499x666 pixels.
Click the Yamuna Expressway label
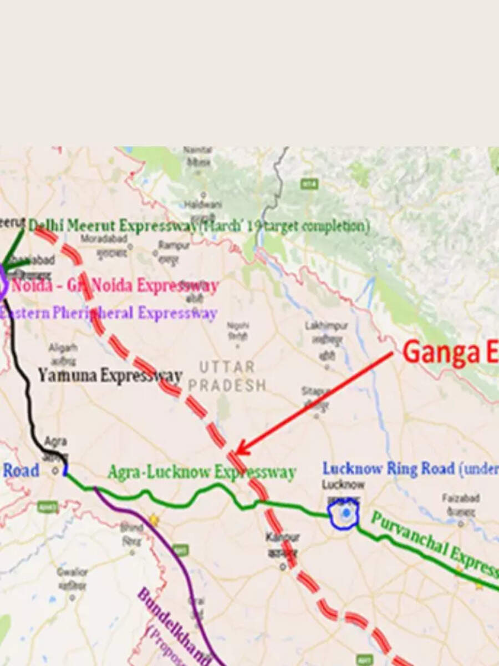110,376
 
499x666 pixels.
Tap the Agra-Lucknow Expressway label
201,472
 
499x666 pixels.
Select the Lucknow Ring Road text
388,469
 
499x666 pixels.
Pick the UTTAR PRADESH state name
227,376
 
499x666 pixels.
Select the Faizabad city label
460,498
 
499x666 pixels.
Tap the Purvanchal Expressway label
432,544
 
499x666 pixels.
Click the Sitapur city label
316,392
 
